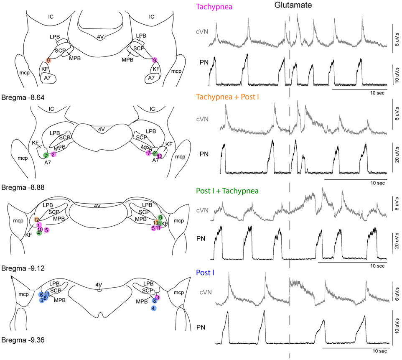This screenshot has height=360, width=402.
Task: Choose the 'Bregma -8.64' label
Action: coord(23,97)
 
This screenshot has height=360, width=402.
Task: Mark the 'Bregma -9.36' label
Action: coord(23,340)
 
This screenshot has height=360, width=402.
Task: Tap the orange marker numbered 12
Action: coord(37,220)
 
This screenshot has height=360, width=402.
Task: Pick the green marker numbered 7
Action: coord(46,155)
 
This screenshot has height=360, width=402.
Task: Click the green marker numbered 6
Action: coord(160,217)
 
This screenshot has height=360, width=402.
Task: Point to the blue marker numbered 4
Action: coord(154,308)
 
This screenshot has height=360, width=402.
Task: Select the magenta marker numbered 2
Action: coord(53,155)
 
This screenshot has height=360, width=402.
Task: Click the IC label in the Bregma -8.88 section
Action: coord(51,109)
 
